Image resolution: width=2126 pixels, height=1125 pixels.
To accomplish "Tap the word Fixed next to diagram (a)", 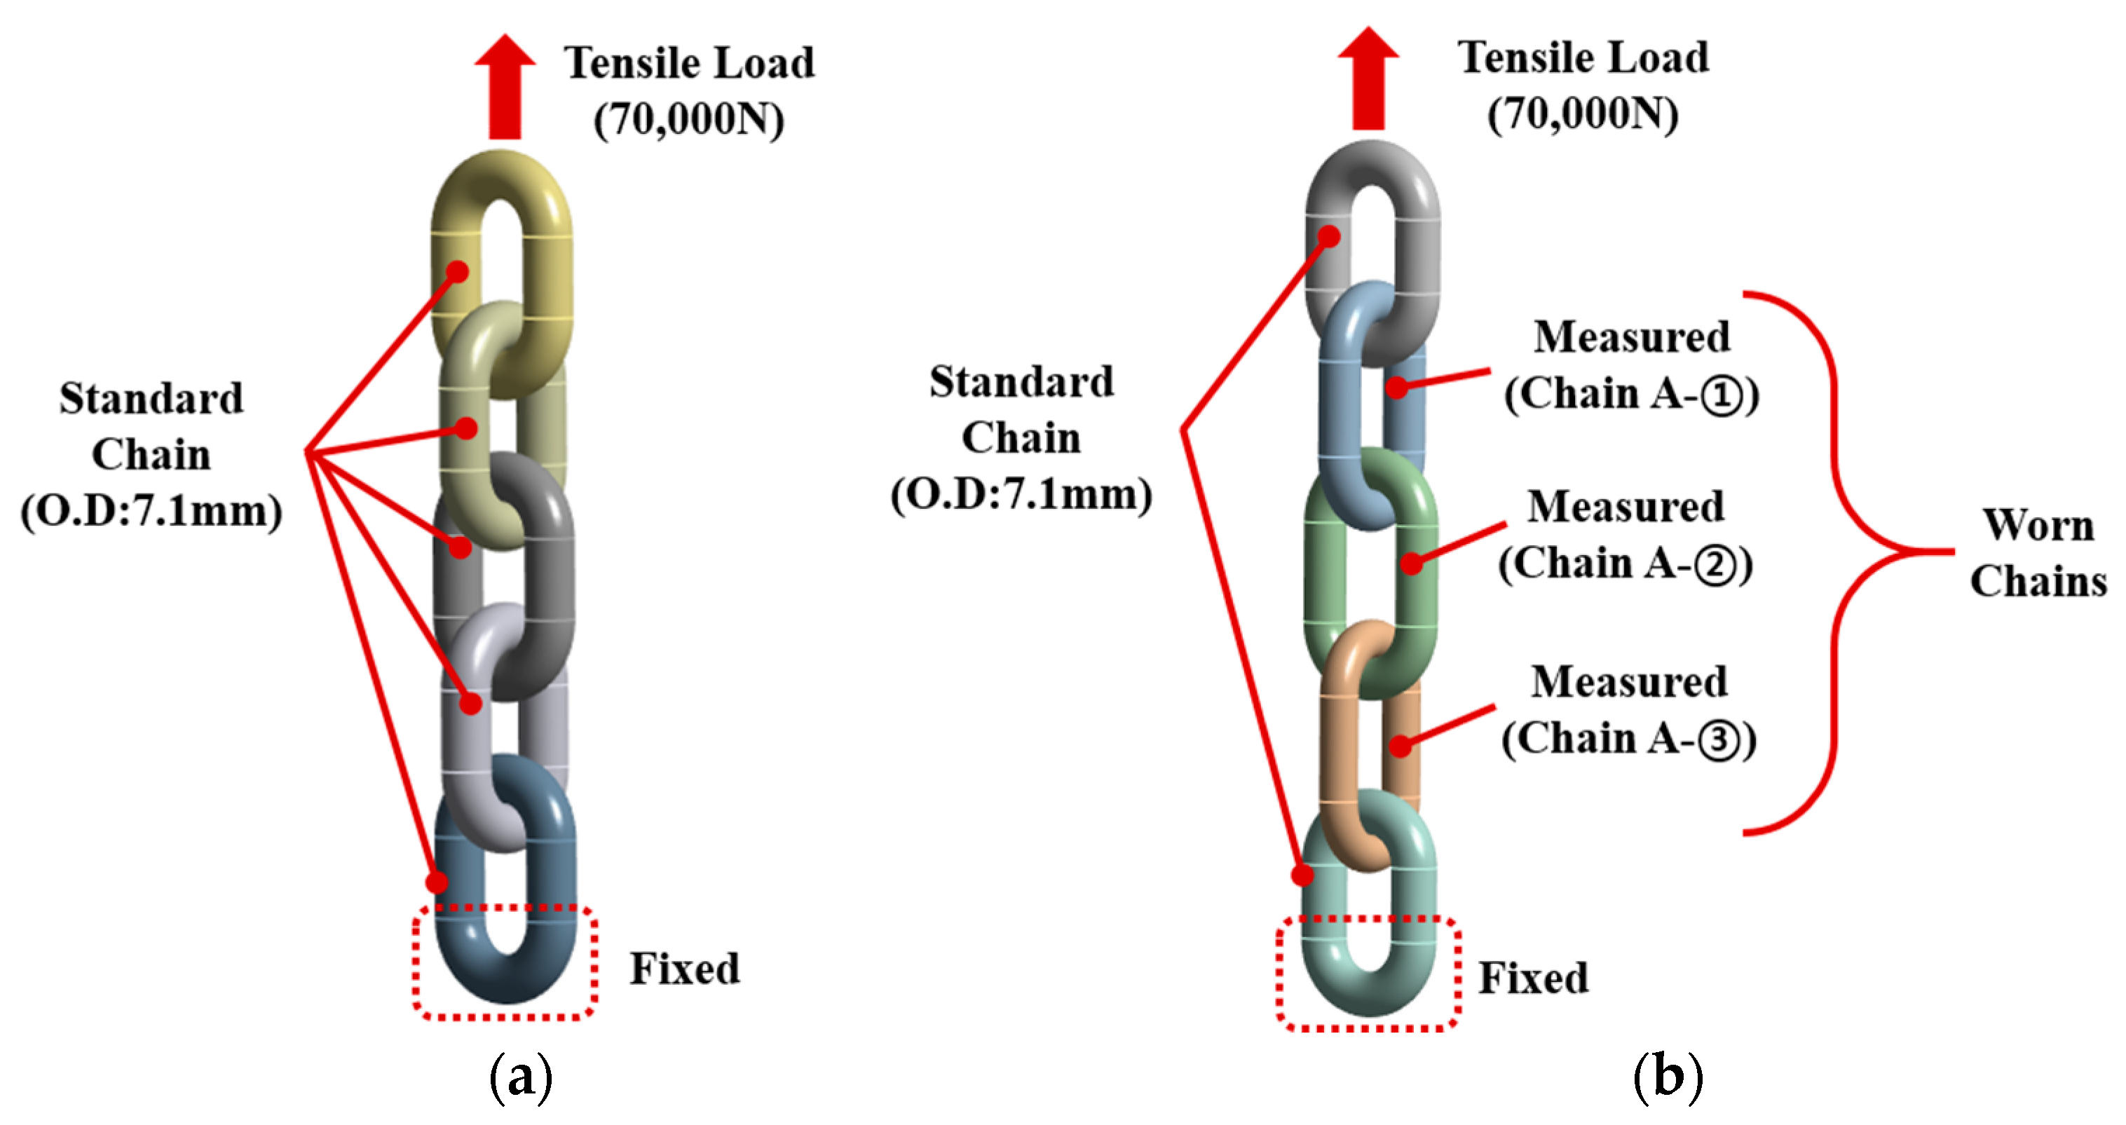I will click(x=684, y=968).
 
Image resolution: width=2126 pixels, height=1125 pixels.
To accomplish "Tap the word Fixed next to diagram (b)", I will click(x=1532, y=978).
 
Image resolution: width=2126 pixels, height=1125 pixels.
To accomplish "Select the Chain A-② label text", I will click(x=1625, y=564).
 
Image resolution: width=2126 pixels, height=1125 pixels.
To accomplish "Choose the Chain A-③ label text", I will click(x=1628, y=739).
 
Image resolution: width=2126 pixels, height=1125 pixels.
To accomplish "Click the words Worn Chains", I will click(x=2038, y=552).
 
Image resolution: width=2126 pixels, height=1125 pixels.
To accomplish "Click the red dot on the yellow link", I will click(x=458, y=271).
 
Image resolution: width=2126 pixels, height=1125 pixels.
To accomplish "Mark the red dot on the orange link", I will click(x=1400, y=746).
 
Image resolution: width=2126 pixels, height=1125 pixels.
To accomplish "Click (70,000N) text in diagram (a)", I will click(x=688, y=120).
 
